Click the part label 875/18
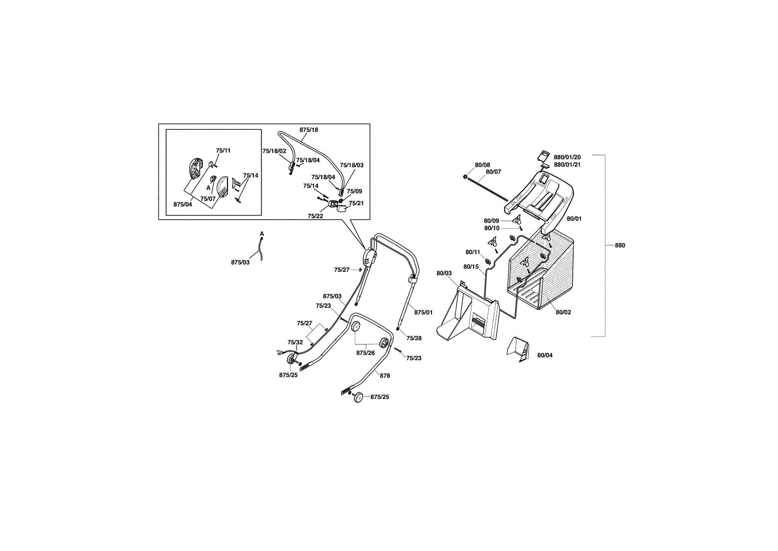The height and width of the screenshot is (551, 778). pyautogui.click(x=309, y=130)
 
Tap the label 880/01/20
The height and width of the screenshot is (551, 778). pyautogui.click(x=567, y=157)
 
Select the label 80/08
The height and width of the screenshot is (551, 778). pyautogui.click(x=482, y=165)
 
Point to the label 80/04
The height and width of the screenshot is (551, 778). pyautogui.click(x=545, y=355)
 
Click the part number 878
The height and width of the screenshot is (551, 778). pyautogui.click(x=385, y=376)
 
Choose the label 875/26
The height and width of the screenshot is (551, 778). pyautogui.click(x=366, y=353)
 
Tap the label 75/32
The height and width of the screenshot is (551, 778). pyautogui.click(x=295, y=342)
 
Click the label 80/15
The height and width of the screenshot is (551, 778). pyautogui.click(x=471, y=267)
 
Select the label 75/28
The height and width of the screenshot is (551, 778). pyautogui.click(x=414, y=338)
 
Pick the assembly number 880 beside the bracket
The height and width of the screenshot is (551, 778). pyautogui.click(x=620, y=246)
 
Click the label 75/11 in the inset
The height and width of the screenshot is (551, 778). pyautogui.click(x=223, y=151)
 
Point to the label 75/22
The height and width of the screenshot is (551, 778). pyautogui.click(x=315, y=216)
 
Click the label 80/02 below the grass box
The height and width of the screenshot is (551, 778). pyautogui.click(x=563, y=312)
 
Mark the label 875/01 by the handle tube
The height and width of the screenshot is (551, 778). pyautogui.click(x=423, y=312)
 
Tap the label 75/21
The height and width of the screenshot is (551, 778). pyautogui.click(x=356, y=203)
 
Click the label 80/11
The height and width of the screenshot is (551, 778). pyautogui.click(x=473, y=252)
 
